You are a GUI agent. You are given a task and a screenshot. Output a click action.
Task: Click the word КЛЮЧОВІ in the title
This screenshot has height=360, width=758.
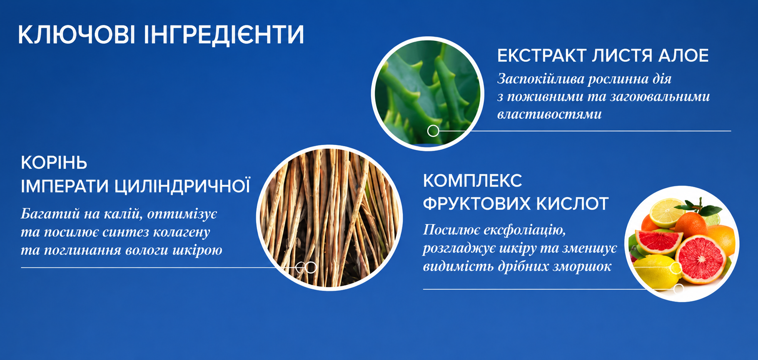[x=77, y=35]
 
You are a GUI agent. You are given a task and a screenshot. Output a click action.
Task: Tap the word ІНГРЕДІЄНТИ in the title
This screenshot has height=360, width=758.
[x=224, y=35]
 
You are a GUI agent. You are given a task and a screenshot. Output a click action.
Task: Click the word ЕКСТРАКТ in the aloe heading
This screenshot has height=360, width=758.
[x=542, y=55]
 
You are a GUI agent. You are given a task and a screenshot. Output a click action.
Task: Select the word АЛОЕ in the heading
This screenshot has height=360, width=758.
[x=683, y=55]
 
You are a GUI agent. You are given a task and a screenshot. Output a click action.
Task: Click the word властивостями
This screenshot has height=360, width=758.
[x=549, y=114]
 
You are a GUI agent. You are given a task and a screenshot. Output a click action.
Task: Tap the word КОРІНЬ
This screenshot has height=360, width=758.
[x=54, y=162]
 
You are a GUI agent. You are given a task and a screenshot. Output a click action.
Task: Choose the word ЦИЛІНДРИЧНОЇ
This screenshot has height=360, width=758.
[x=182, y=186]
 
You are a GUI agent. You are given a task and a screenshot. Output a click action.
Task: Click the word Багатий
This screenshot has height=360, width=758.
[x=50, y=214]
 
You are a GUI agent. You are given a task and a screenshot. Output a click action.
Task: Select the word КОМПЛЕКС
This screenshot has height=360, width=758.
[x=473, y=181]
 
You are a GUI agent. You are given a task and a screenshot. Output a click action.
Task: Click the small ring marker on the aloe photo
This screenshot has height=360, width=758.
[x=433, y=131]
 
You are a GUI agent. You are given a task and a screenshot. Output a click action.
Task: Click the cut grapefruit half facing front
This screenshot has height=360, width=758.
[x=701, y=259]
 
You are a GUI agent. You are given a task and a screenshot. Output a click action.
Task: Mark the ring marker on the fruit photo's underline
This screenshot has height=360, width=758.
[x=678, y=288]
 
